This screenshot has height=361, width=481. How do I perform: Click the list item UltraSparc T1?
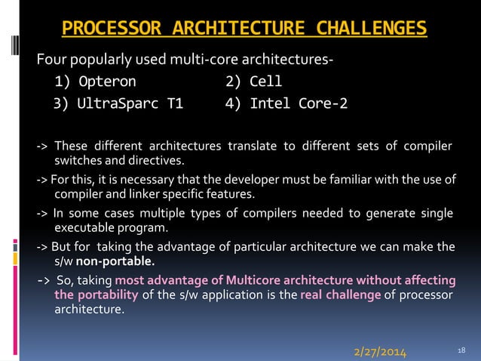(x=118, y=103)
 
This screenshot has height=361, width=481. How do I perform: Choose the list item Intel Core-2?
(x=286, y=103)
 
